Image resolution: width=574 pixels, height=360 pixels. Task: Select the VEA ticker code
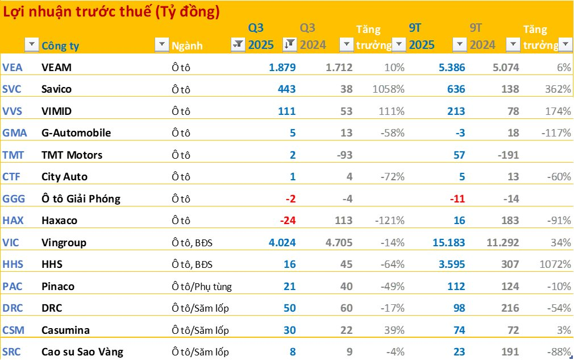pyautogui.click(x=13, y=68)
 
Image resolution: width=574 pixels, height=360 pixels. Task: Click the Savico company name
pyautogui.click(x=57, y=89)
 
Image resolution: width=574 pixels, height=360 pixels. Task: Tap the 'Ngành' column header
pyautogui.click(x=187, y=46)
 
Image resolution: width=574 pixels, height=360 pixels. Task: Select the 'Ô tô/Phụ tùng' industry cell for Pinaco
pyautogui.click(x=202, y=287)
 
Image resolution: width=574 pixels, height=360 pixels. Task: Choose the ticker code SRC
pyautogui.click(x=12, y=352)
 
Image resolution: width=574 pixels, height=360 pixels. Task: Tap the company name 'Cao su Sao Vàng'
pyautogui.click(x=82, y=352)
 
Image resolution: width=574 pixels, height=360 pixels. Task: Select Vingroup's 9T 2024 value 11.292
pyautogui.click(x=502, y=243)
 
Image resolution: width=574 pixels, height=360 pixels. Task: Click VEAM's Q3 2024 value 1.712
pyautogui.click(x=339, y=68)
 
